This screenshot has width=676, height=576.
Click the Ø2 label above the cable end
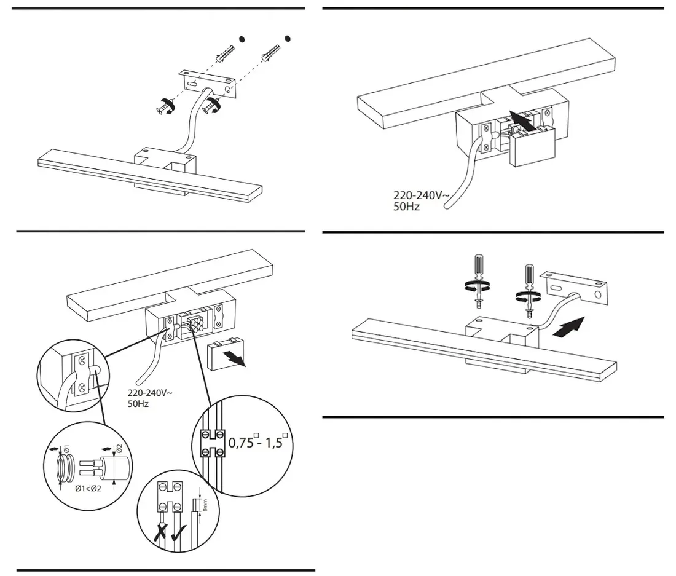(119, 446)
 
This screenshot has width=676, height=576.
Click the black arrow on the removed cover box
(235, 357)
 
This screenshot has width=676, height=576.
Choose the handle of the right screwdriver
(529, 274)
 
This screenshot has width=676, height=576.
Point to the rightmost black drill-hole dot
(287, 38)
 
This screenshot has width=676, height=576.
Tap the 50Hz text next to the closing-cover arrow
(406, 207)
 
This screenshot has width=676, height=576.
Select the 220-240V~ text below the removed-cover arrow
(150, 393)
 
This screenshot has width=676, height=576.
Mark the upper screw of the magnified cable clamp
(81, 361)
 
